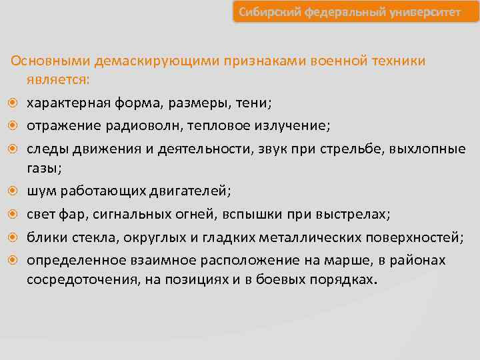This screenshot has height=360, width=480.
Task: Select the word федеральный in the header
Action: (x=347, y=13)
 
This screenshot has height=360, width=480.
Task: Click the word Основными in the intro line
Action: (x=51, y=61)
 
